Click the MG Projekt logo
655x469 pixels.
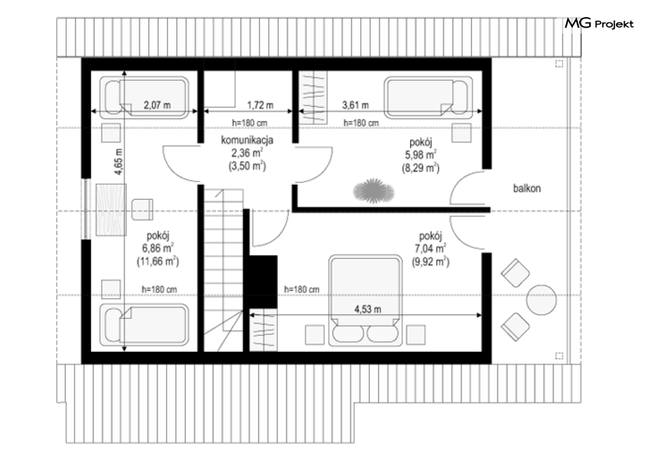(599, 24)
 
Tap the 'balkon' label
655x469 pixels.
(527, 188)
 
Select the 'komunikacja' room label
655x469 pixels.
(248, 140)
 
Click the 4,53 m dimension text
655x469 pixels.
(367, 309)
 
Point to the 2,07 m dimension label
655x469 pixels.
(157, 105)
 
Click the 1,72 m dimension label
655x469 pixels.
(260, 105)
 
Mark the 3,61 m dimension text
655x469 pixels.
(355, 105)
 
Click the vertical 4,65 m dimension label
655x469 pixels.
(118, 161)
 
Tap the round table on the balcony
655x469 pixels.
(541, 299)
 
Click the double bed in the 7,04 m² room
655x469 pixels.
(365, 301)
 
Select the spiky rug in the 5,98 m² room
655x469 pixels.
(373, 191)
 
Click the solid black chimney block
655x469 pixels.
(263, 282)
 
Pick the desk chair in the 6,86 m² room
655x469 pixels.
(142, 209)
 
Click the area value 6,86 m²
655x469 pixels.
(158, 248)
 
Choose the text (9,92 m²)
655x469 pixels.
(431, 262)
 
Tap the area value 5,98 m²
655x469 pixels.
(421, 155)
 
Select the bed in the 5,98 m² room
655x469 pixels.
(428, 97)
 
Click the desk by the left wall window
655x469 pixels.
(111, 209)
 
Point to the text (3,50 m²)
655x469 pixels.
(248, 166)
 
